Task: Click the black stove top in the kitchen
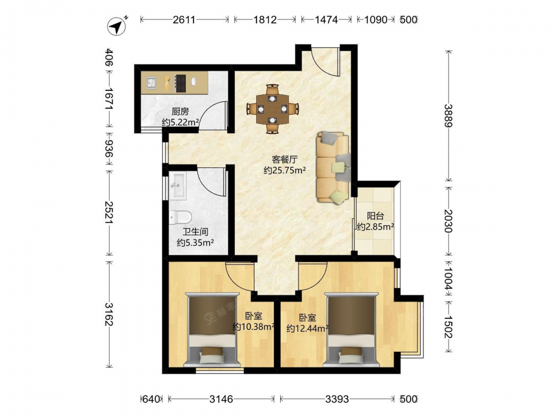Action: tap(180, 83)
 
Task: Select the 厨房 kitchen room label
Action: tap(180, 111)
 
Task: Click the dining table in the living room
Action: tap(273, 109)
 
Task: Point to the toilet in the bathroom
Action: tap(180, 217)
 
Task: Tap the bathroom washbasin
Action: tap(177, 185)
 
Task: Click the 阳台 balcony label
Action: tap(376, 216)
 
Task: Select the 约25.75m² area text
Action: tap(285, 171)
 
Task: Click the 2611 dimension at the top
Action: tap(184, 20)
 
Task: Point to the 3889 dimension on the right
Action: tap(449, 116)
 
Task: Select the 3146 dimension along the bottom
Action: tap(221, 399)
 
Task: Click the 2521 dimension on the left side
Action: tap(109, 212)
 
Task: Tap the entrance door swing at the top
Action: tap(325, 61)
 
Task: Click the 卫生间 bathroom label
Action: tap(195, 232)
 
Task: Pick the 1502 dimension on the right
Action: tap(449, 327)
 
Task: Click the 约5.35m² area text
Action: tap(195, 243)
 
